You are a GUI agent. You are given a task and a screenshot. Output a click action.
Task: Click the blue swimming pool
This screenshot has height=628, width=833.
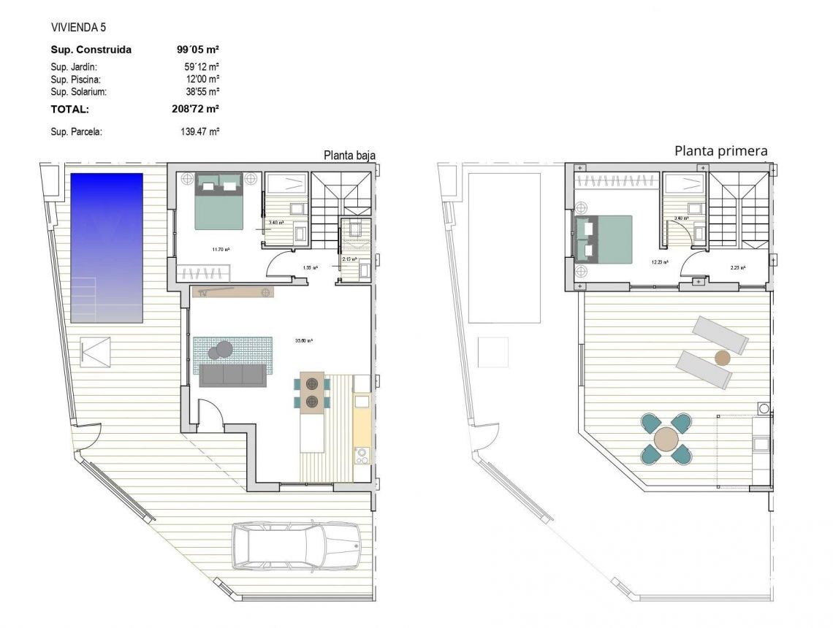pos(107,248)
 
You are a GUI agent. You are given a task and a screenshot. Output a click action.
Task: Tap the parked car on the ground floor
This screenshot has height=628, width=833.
pos(295,545)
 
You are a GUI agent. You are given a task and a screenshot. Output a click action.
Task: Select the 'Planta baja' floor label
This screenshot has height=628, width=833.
pos(350,155)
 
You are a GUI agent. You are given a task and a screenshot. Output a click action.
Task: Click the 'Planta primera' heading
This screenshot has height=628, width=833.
pos(720,151)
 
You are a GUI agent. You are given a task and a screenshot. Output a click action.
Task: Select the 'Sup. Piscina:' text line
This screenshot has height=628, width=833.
pos(75,79)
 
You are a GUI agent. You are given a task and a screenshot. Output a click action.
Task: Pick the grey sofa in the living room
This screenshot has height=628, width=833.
pos(233,375)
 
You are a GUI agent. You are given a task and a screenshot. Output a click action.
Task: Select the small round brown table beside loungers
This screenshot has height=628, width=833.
pos(722,358)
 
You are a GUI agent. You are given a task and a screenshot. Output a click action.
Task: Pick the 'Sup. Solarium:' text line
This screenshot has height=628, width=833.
pos(79,92)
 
